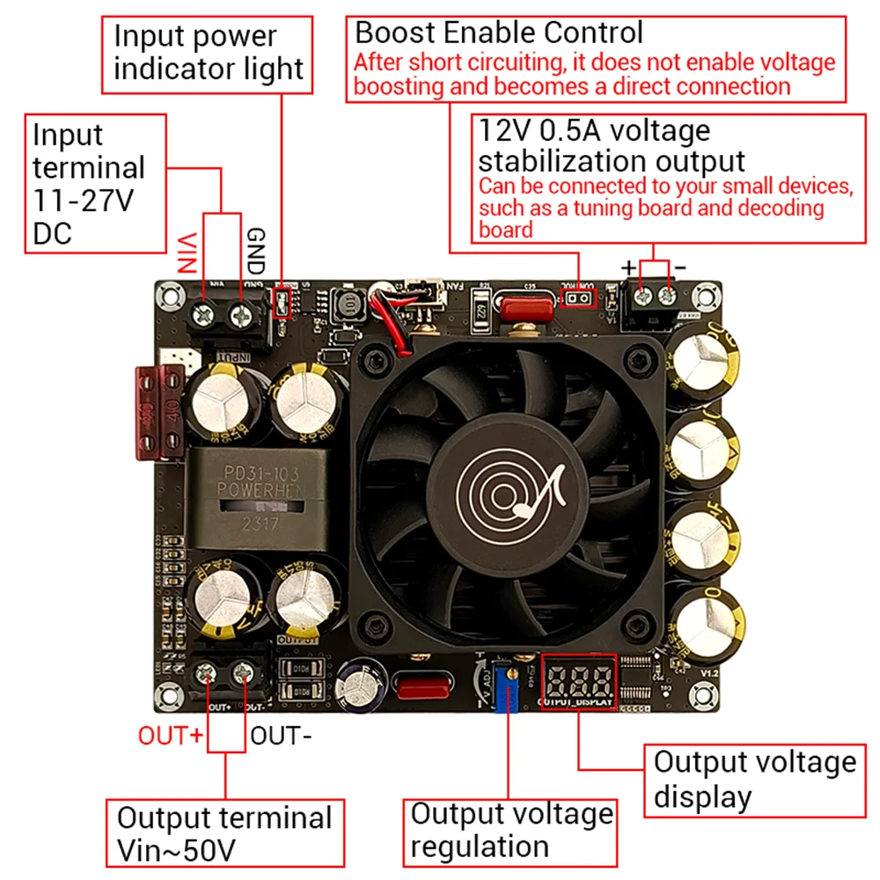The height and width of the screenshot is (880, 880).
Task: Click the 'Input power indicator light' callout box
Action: pyautogui.click(x=208, y=53)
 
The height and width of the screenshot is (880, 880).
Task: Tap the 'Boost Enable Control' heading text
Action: pyautogui.click(x=499, y=33)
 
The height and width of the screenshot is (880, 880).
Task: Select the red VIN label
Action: pyautogui.click(x=186, y=253)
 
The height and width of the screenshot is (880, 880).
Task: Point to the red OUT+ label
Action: pyautogui.click(x=171, y=735)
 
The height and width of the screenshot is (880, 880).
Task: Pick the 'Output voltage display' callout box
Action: pyautogui.click(x=753, y=779)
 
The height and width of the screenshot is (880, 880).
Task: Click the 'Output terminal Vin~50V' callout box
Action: pyautogui.click(x=224, y=832)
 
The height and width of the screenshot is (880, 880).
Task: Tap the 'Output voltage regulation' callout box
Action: pyautogui.click(x=510, y=831)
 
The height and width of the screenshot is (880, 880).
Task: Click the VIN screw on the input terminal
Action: pyautogui.click(x=204, y=312)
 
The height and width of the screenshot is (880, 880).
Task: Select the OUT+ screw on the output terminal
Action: pyautogui.click(x=208, y=675)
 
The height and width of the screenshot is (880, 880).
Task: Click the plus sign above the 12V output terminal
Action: pyautogui.click(x=628, y=267)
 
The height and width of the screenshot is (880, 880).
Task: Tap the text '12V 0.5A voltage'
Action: pyautogui.click(x=594, y=131)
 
